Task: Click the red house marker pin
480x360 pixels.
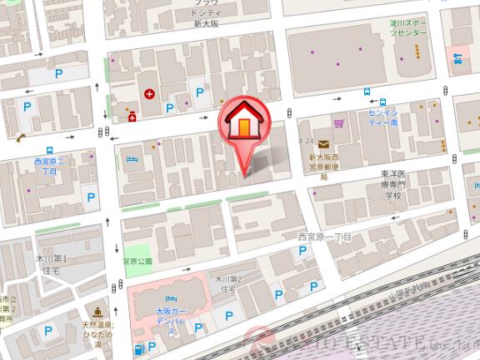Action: click(244, 126)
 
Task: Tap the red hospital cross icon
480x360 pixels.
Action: click(149, 94)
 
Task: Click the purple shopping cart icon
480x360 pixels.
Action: click(338, 124)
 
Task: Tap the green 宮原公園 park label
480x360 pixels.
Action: click(137, 261)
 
